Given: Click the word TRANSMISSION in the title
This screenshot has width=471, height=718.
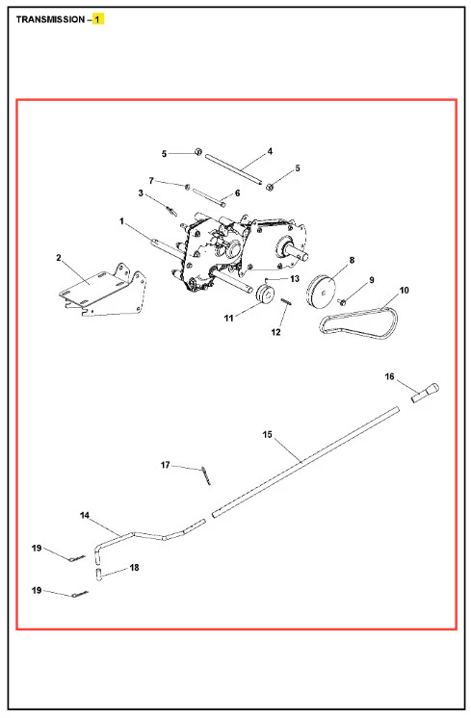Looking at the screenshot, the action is pos(50,19).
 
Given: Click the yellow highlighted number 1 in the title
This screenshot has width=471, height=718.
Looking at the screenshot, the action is pos(97,19).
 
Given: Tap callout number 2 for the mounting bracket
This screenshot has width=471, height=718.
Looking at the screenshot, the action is pos(59,258).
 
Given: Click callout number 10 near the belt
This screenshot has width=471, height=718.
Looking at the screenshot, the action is pos(405,291).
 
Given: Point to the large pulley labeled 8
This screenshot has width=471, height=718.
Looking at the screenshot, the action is pos(322,292).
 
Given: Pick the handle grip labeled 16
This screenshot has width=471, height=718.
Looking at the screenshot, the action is pos(426,393).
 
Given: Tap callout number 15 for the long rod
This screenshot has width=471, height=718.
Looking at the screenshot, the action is pos(267,434).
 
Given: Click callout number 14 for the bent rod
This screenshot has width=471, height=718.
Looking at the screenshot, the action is pos(85,515).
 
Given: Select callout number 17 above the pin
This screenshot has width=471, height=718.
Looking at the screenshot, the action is pos(165,465).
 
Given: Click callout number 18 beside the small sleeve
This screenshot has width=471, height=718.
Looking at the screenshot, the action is pos(134,567).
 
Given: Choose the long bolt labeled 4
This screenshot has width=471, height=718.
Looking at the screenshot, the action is pos(234,170).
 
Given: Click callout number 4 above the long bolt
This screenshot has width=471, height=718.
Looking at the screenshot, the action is pos(270,151).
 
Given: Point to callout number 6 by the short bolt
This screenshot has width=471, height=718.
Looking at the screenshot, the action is pos(237,193).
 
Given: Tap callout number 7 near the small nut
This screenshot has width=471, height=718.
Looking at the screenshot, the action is pos(151,181).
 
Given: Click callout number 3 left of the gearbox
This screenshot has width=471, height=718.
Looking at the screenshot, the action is pos(141,193).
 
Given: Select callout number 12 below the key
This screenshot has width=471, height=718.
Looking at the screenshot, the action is pos(275,332).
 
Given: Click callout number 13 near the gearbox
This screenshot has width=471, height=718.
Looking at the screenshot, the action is pos(295,278).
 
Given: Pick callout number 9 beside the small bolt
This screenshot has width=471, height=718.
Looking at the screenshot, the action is pos(372,280).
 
